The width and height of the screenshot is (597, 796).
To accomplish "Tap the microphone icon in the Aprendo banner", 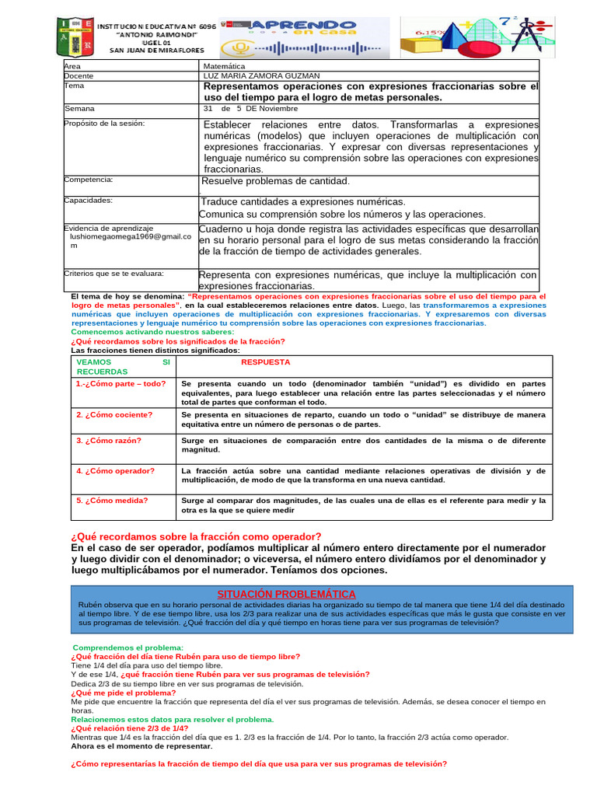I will (240, 48).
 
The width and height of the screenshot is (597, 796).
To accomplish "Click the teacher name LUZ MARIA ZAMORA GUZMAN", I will (260, 76).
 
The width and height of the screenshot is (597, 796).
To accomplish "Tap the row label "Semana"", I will (79, 109).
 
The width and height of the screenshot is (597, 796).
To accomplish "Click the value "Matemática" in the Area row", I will (222, 67).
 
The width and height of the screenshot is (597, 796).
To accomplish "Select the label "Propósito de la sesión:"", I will (104, 124).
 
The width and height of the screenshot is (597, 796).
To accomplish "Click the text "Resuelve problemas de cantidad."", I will (276, 181).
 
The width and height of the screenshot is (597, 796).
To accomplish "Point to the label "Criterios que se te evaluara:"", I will (113, 274).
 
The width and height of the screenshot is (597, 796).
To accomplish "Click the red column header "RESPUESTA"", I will (265, 362).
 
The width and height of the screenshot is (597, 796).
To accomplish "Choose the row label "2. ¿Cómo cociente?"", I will (114, 414).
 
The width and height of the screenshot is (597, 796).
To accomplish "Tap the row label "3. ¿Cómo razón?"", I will (109, 441).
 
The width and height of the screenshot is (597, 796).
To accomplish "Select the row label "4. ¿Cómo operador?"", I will (115, 471).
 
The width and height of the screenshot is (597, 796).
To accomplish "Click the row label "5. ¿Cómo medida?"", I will (112, 501).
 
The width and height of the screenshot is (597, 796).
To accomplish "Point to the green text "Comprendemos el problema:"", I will (127, 648).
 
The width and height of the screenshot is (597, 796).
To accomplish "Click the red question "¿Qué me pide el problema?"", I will (123, 692).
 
